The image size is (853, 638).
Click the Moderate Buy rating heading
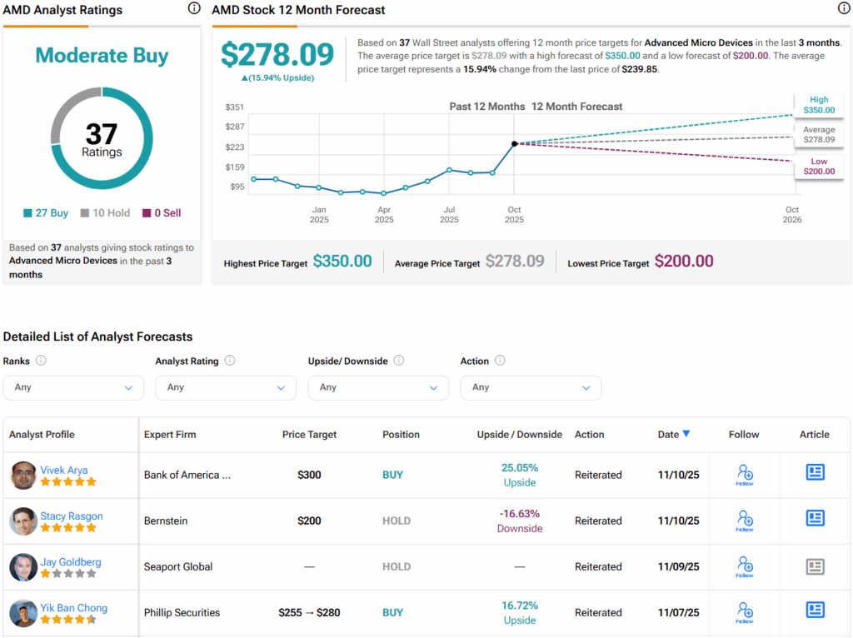point(102,56)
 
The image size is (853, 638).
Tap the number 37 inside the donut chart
point(102,133)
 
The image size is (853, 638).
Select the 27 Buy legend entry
point(46,213)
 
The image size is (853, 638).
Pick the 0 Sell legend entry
point(162,213)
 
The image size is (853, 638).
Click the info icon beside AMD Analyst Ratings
point(194,9)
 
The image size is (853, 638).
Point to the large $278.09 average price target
point(277,54)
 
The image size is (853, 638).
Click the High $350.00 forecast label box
point(818,105)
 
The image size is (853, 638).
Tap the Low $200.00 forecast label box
point(818,166)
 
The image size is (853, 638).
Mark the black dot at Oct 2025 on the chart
point(514,144)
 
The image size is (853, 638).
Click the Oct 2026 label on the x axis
point(791,215)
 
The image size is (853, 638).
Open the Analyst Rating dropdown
point(226,387)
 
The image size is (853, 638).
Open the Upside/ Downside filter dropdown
point(378,387)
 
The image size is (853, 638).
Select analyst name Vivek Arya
point(63,470)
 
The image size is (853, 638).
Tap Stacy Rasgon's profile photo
point(23,521)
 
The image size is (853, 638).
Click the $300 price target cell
point(309,475)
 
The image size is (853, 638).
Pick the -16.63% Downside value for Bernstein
point(519,521)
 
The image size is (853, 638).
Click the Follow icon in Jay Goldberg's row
point(745,566)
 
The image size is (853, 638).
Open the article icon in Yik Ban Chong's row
point(815,610)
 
